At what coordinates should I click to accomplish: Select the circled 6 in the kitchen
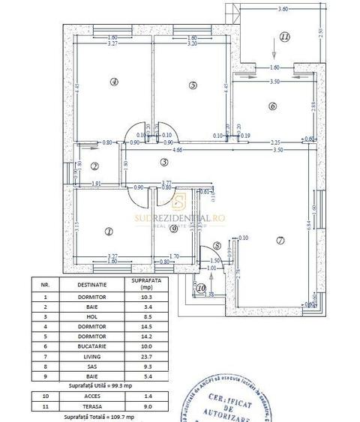tap(272, 106)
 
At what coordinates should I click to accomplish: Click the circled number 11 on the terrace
tap(284, 36)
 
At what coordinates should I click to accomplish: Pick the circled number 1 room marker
tap(109, 232)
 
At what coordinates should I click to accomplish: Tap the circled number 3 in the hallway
tap(163, 162)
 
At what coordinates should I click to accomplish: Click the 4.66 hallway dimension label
tap(177, 150)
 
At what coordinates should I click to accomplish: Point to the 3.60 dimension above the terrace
tap(283, 9)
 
